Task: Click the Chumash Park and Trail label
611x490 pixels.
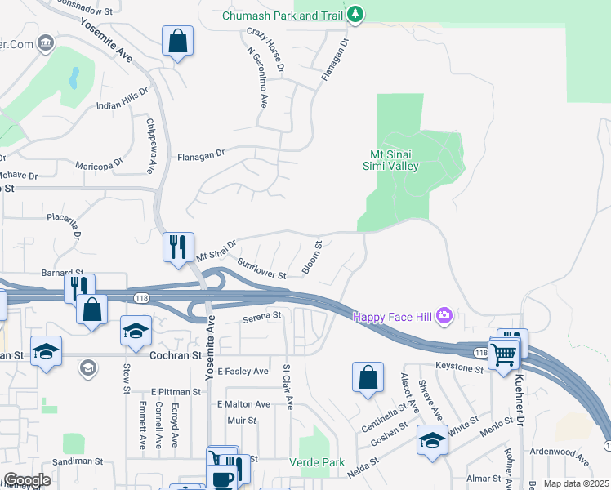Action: coord(283,16)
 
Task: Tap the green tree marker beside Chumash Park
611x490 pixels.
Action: coord(355,14)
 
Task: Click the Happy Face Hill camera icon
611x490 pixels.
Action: coord(444,315)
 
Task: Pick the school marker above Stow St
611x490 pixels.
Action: coord(136,331)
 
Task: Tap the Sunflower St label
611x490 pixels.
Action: coord(261,269)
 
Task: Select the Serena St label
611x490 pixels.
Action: coord(261,314)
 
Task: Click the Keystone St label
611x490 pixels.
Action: coord(460,367)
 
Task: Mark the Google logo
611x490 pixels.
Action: coord(26,480)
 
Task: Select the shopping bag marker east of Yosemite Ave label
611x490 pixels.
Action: coord(177,42)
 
